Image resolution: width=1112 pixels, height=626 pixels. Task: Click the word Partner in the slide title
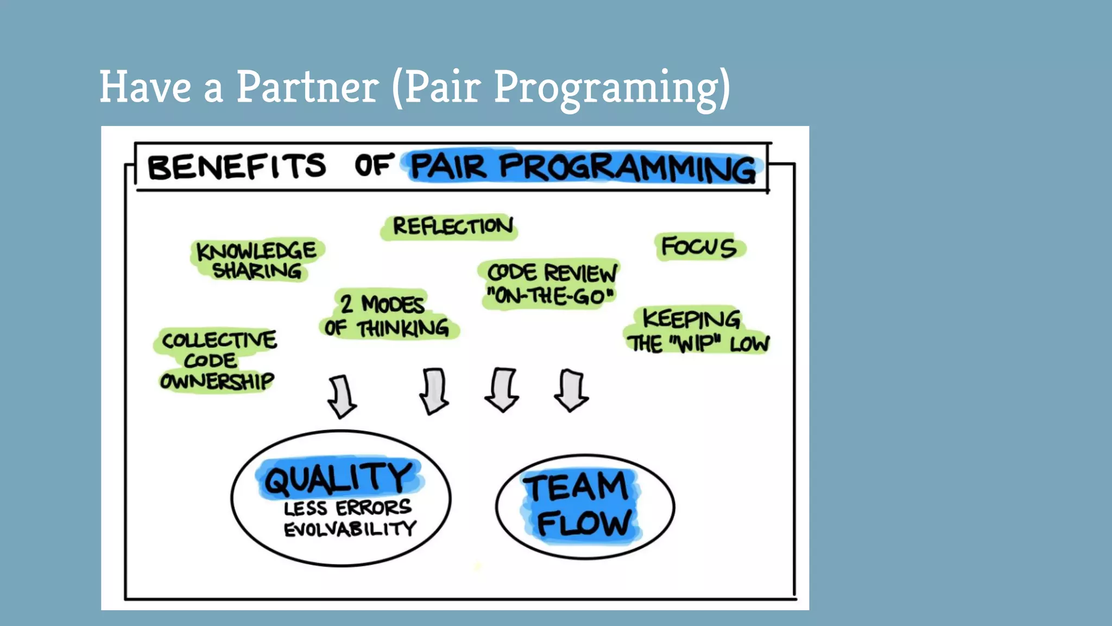point(307,87)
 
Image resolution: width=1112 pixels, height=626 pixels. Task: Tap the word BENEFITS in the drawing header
point(237,166)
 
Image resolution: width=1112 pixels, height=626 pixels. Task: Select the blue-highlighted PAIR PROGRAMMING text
point(583,167)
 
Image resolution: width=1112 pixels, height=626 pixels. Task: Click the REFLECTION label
point(452,226)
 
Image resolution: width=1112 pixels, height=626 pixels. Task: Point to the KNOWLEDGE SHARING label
point(256,260)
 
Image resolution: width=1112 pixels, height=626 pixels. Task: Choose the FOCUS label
point(699,247)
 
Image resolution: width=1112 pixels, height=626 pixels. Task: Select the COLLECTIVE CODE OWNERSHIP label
point(218,360)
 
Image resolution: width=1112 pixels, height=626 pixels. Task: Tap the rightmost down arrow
point(571,390)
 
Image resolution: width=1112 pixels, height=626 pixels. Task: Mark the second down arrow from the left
point(434,391)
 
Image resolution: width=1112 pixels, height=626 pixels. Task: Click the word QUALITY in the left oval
point(339,478)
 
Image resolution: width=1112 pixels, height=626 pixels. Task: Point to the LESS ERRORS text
point(347,508)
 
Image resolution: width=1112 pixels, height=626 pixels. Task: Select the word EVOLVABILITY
point(350,529)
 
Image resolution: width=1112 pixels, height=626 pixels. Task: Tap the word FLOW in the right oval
point(584,523)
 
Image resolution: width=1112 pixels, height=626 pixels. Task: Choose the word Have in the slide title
point(145,87)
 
